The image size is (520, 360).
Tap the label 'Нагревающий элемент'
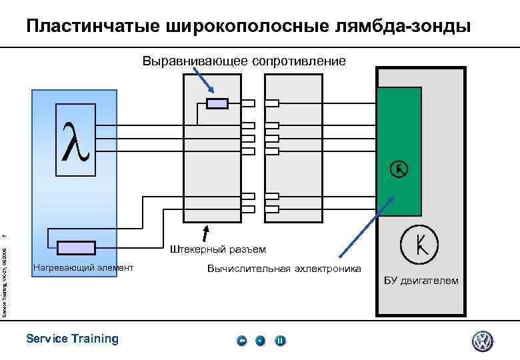pyautogui.click(x=83, y=268)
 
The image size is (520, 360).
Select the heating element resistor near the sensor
pyautogui.click(x=76, y=248)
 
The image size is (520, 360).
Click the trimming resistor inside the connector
pyautogui.click(x=217, y=103)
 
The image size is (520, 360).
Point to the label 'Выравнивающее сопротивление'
pyautogui.click(x=244, y=61)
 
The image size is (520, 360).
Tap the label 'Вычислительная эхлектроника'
pyautogui.click(x=284, y=268)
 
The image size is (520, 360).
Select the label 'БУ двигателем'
pyautogui.click(x=421, y=280)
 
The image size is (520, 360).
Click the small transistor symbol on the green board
pyautogui.click(x=398, y=169)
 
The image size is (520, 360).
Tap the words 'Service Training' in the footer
pyautogui.click(x=72, y=339)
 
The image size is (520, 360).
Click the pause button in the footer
pyautogui.click(x=281, y=341)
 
